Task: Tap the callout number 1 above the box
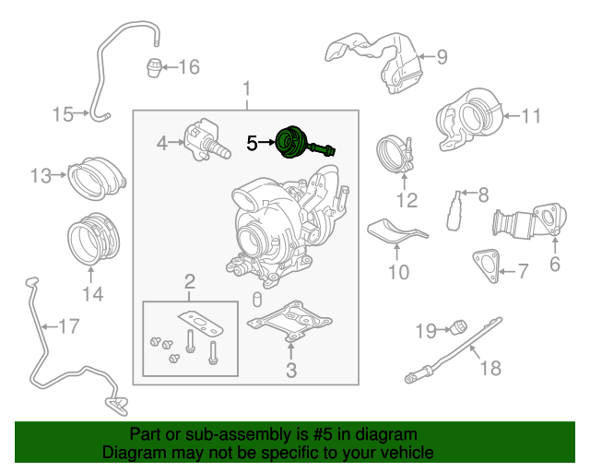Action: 246,90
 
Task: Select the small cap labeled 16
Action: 155,67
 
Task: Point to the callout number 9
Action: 441,58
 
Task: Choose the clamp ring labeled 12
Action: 395,154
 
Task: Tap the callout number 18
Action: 490,368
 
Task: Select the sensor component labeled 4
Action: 205,141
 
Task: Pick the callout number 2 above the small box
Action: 189,280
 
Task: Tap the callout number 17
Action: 68,325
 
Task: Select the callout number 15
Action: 63,114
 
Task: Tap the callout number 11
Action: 531,116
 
